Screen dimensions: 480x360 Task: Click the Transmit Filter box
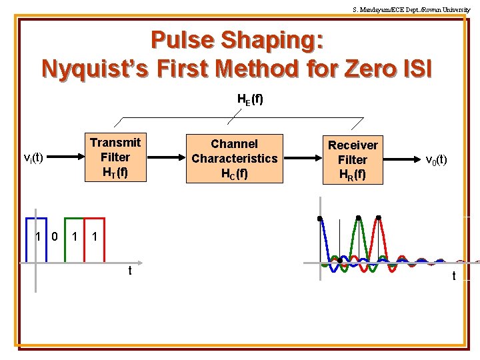click(115, 158)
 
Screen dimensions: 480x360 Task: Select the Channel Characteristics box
click(234, 159)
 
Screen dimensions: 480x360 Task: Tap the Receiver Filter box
click(352, 160)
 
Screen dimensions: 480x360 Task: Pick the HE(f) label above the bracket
click(250, 99)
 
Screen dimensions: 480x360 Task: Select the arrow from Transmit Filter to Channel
click(167, 159)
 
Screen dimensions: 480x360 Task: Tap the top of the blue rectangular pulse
click(36, 218)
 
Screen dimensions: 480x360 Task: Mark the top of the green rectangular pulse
click(74, 218)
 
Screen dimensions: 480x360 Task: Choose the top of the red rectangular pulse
click(95, 218)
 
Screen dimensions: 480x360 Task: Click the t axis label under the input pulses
click(130, 271)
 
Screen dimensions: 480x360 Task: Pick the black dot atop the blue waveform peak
click(321, 218)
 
